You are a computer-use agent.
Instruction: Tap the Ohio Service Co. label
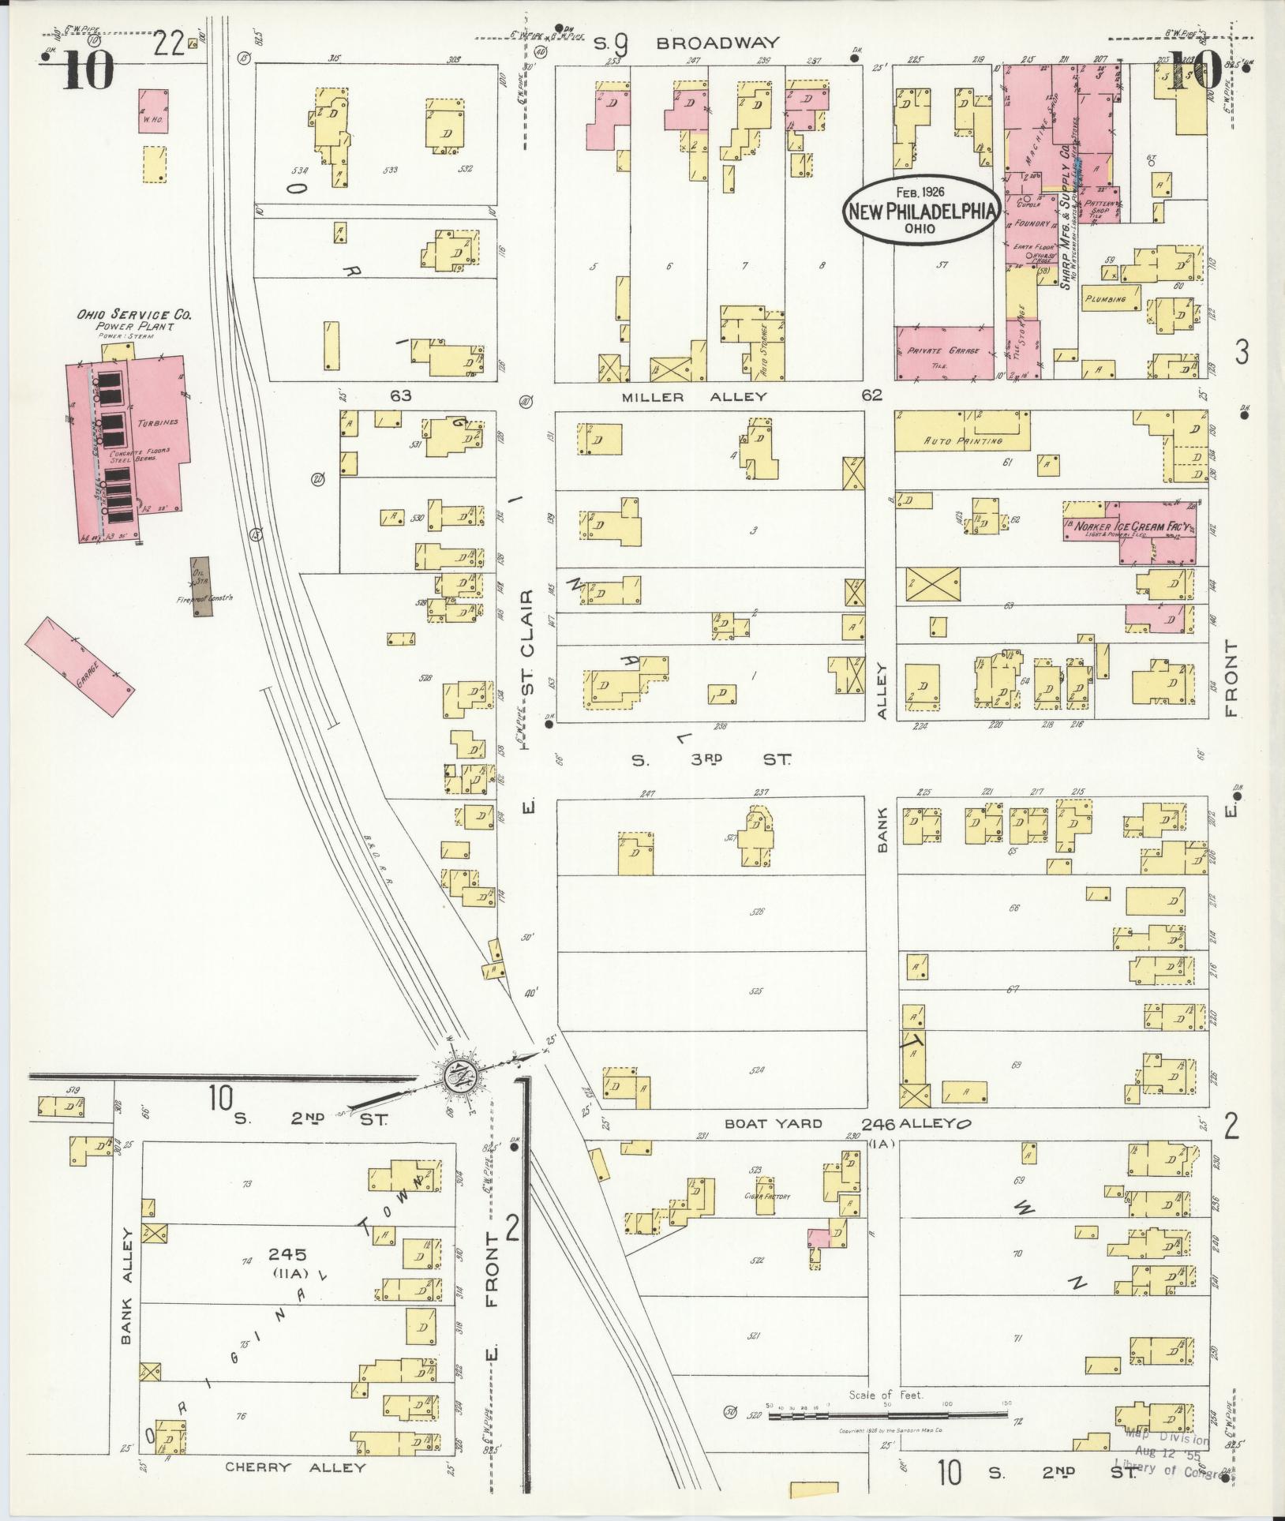[134, 315]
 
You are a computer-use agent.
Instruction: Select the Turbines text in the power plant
[158, 422]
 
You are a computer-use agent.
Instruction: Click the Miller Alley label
[694, 397]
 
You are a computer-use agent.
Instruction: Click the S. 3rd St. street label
[710, 759]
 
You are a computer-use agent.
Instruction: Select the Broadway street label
[718, 43]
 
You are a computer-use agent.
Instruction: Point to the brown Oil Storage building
[200, 586]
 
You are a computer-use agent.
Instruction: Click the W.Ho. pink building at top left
[152, 111]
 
